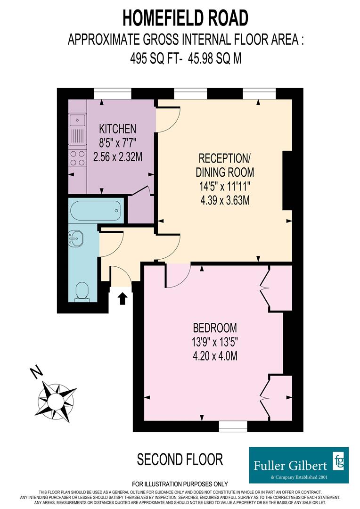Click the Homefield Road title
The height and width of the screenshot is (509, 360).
(x=185, y=18)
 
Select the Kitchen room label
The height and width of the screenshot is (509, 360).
(x=117, y=129)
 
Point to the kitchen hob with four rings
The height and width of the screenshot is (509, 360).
(x=77, y=158)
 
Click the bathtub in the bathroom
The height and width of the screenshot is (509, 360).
(x=96, y=211)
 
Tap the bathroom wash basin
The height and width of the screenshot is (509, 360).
(x=75, y=238)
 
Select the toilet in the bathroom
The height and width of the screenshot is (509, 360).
(x=82, y=291)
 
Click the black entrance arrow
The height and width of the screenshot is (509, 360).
(x=122, y=298)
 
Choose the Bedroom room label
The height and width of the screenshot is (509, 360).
(x=215, y=328)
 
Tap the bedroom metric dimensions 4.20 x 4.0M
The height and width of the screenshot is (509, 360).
(x=215, y=356)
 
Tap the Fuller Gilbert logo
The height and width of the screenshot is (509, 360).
(x=299, y=465)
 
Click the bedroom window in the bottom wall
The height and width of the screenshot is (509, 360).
(x=233, y=426)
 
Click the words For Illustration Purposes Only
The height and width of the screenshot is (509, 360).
(x=180, y=484)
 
